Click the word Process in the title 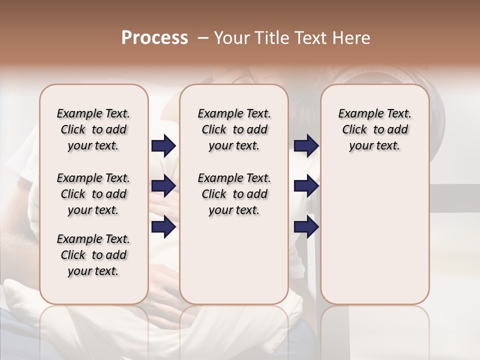coord(154,38)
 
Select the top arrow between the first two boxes coord(163,145)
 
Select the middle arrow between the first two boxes coord(163,186)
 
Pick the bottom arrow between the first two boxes coord(163,227)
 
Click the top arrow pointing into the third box coord(306,145)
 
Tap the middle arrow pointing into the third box coord(306,186)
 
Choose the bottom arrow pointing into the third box coord(306,227)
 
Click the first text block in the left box coord(93,129)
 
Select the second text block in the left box coord(93,194)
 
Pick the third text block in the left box coord(93,255)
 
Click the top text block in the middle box coord(234,129)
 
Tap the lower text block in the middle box coord(234,194)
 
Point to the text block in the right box coord(375,129)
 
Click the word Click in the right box coord(354,129)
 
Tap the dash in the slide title coord(203,38)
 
